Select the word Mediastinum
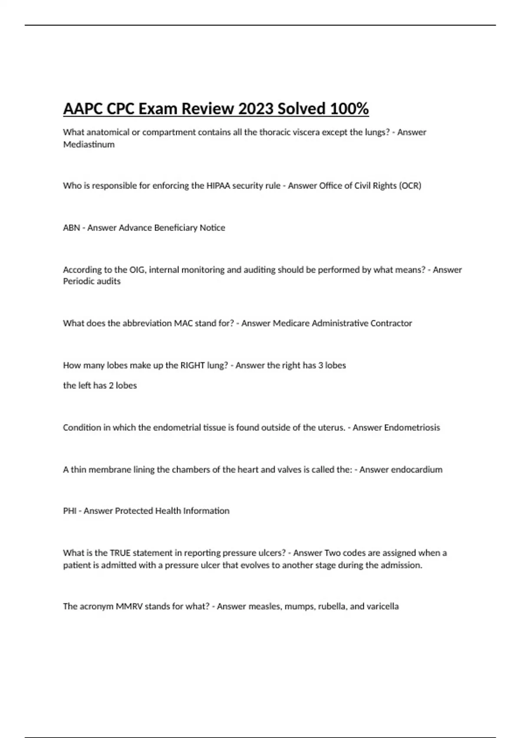pos(89,145)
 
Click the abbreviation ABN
pos(71,228)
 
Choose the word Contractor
pos(391,323)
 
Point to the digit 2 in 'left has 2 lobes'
pos(111,385)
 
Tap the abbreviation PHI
pos(69,511)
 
